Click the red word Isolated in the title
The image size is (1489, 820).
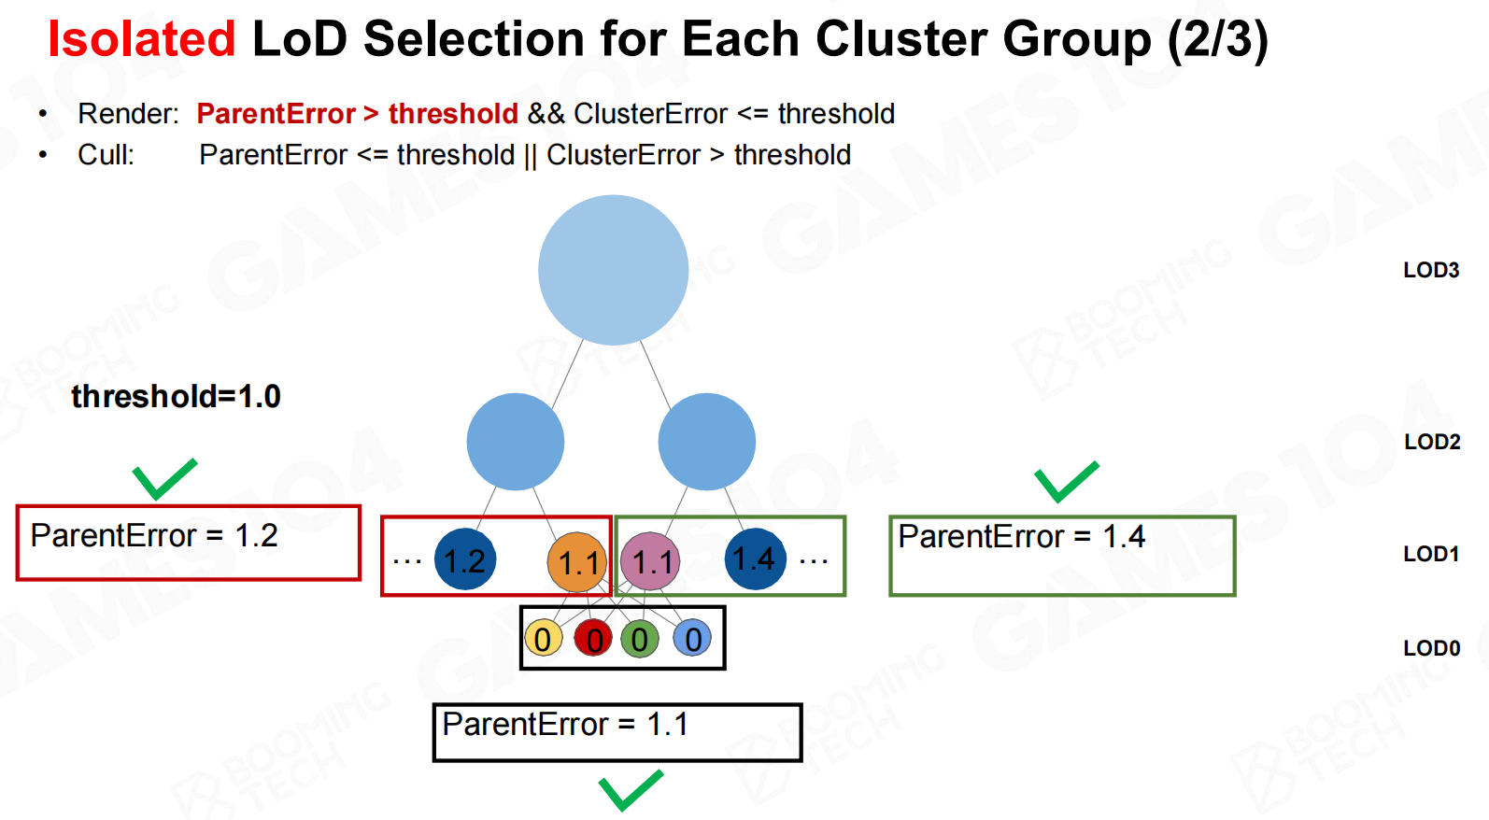(142, 38)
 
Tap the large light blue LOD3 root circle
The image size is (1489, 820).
(613, 270)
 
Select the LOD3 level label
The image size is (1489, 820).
(1431, 270)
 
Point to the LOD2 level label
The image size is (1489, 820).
(1432, 442)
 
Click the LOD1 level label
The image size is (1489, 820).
(1431, 554)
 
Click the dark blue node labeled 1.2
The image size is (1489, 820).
(464, 559)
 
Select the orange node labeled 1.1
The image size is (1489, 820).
(577, 562)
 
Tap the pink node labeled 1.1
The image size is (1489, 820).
(650, 561)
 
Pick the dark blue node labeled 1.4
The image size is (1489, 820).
(755, 558)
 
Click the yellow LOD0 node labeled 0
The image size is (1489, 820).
(543, 639)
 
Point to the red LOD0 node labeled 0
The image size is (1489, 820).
(593, 639)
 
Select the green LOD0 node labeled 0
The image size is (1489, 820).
(640, 639)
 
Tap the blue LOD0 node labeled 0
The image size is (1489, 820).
(692, 639)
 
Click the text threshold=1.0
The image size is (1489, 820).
(177, 397)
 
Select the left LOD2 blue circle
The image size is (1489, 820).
(515, 442)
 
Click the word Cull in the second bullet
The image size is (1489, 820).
(106, 155)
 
